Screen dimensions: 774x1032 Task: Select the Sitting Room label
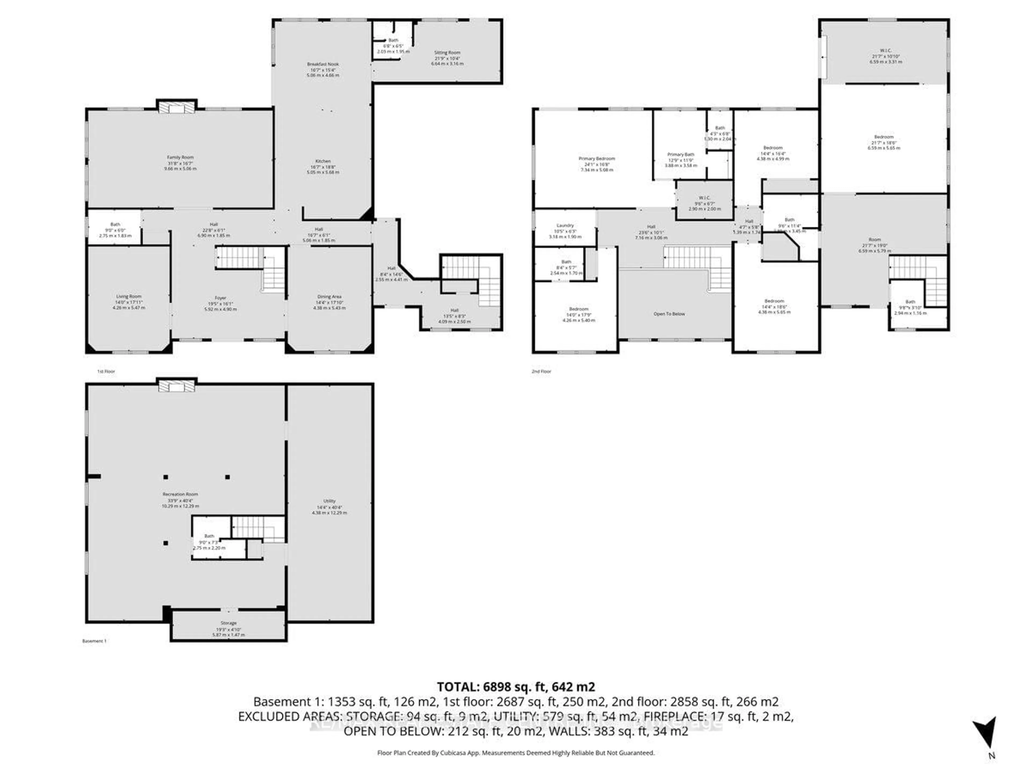coord(447,53)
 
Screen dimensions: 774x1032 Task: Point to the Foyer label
coord(220,298)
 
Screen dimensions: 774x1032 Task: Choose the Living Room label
coord(129,296)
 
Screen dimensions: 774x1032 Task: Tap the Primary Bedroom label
coord(597,159)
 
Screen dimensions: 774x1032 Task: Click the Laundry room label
coord(565,225)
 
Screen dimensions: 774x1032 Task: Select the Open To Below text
coord(669,314)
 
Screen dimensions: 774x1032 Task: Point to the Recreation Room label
coord(180,494)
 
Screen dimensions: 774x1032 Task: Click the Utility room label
coord(329,501)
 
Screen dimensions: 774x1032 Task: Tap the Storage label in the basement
coord(229,623)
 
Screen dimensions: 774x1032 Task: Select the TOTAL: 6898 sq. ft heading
coord(515,687)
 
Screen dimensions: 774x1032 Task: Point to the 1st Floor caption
coord(106,371)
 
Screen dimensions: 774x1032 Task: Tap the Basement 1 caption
coord(94,641)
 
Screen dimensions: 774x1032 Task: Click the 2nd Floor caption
coord(541,371)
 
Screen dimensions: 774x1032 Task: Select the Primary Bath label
coord(681,155)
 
